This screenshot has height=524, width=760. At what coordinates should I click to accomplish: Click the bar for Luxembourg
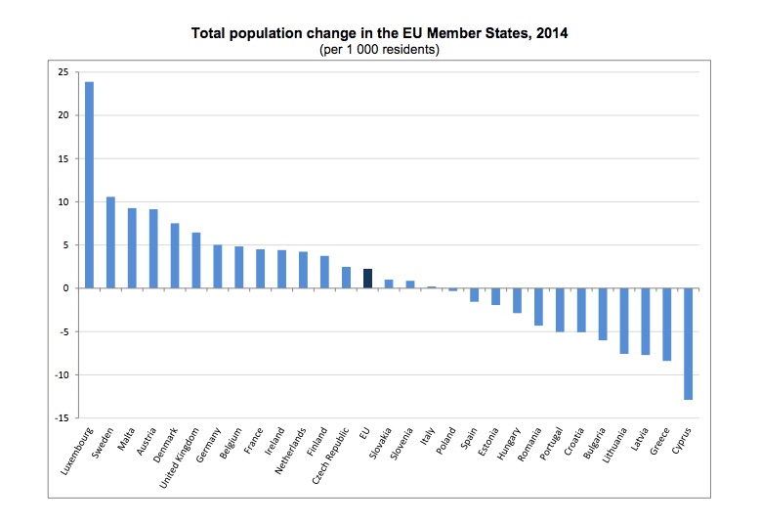coord(89,185)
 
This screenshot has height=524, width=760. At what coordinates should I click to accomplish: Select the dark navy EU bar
coord(367,279)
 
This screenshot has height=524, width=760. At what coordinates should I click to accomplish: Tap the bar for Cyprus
coord(688,343)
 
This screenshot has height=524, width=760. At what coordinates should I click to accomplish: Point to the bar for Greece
coord(666,325)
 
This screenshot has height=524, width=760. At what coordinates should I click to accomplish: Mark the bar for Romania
coord(538,307)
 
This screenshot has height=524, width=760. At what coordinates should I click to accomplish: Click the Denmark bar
coord(175,256)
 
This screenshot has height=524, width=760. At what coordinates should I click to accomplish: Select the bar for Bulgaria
coord(603,314)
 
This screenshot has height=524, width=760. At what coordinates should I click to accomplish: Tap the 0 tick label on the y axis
coord(63,288)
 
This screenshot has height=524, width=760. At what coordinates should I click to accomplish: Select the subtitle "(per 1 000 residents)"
coord(379,49)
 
